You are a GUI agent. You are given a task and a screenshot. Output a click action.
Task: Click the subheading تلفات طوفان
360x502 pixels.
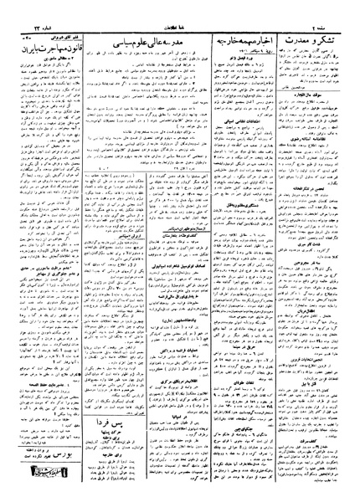242,356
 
